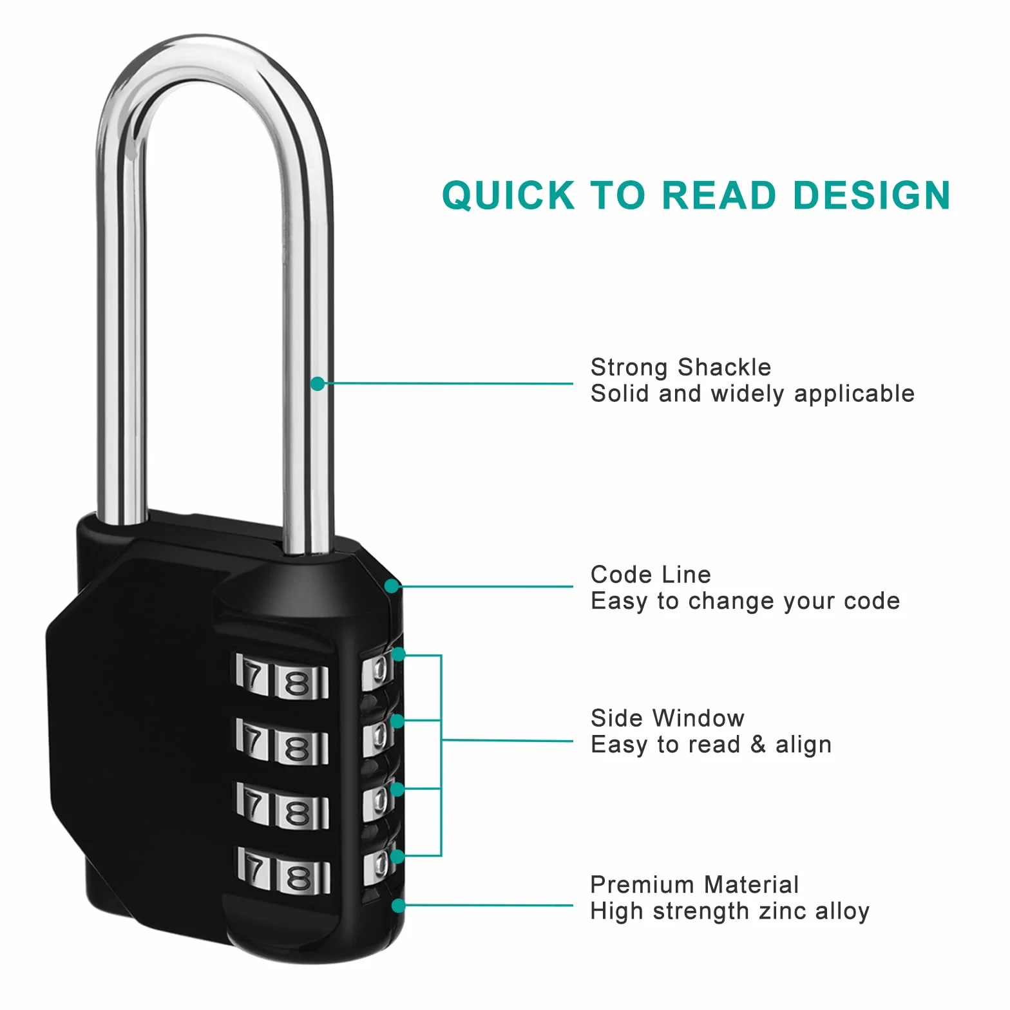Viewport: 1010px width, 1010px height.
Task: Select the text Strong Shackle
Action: [x=681, y=367]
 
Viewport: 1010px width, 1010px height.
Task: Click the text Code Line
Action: [x=651, y=575]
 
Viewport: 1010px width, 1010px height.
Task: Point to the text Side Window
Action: [x=667, y=718]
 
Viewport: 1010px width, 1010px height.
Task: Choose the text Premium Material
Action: [x=694, y=885]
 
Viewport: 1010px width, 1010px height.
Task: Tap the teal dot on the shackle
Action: [x=318, y=384]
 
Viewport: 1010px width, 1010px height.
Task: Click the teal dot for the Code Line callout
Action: [x=392, y=586]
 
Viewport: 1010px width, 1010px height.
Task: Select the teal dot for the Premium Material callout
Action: [x=399, y=906]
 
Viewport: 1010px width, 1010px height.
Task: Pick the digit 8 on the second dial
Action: [x=298, y=748]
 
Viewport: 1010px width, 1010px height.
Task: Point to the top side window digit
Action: [x=379, y=670]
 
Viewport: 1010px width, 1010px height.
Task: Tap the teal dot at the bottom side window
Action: [x=397, y=857]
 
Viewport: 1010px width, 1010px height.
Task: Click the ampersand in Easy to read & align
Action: [x=758, y=745]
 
